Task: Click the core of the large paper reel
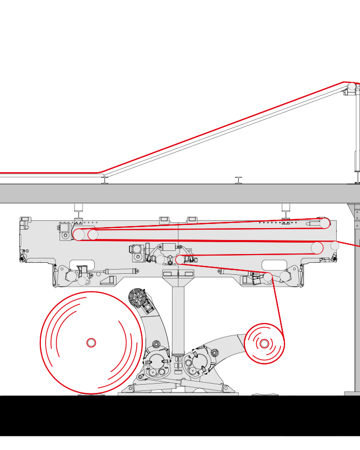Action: [91, 343]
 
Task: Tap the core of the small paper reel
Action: [264, 343]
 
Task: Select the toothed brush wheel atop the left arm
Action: [137, 298]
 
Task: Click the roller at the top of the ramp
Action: [352, 87]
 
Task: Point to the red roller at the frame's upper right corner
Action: [325, 223]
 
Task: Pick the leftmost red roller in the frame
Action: [79, 235]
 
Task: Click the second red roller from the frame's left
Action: [93, 235]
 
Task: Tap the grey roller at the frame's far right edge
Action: [335, 245]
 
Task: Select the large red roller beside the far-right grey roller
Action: [317, 248]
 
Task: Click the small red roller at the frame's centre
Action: [180, 259]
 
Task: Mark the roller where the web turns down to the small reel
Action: [267, 277]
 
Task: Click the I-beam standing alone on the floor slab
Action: [238, 180]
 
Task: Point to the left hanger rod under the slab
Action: [79, 208]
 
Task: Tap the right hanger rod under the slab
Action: [285, 208]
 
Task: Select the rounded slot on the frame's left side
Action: [82, 264]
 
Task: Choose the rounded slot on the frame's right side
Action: [275, 264]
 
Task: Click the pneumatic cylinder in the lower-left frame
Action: [120, 270]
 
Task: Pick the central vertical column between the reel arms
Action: [178, 316]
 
